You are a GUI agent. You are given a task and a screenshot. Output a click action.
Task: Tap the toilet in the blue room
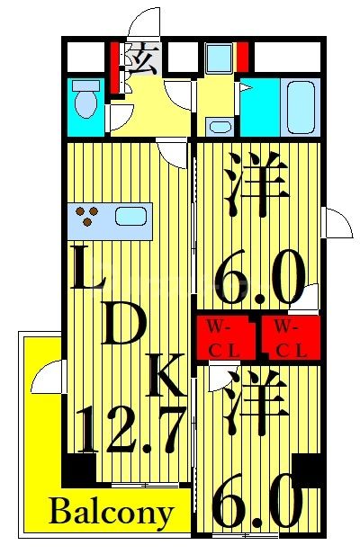[86, 101]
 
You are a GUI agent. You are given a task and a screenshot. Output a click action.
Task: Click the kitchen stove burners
[87, 217]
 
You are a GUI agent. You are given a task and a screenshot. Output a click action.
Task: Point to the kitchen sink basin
[130, 217]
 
